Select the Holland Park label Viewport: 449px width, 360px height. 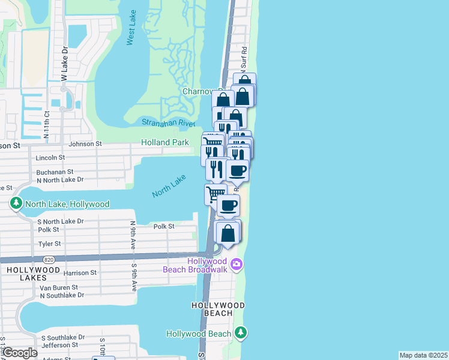(165, 143)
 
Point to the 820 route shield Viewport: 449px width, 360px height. (49, 259)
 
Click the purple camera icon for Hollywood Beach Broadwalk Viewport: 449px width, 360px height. (237, 264)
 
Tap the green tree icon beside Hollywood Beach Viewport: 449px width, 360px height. (241, 332)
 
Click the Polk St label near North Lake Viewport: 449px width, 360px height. (163, 226)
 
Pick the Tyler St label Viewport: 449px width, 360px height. (49, 244)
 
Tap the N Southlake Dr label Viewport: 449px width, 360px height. (62, 295)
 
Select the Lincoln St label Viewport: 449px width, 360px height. (50, 158)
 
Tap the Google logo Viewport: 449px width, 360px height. (19, 353)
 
